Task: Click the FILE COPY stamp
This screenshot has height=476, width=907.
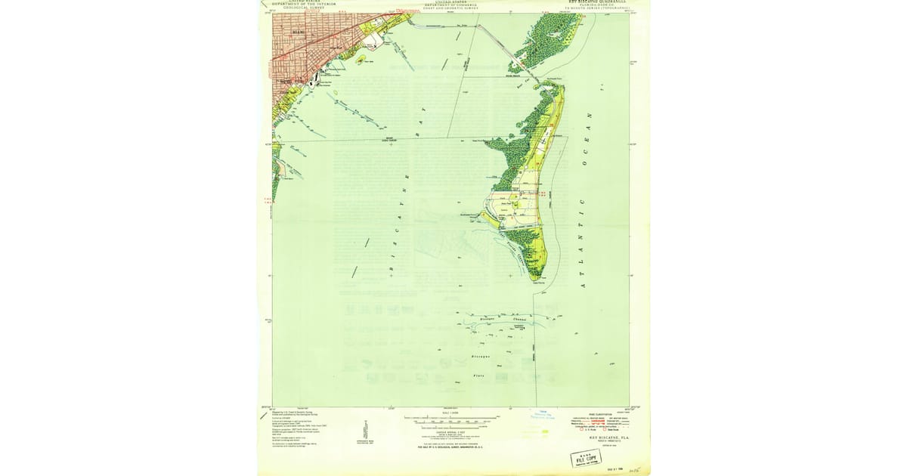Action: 587,458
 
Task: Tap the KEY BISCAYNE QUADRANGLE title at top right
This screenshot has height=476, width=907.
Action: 597,2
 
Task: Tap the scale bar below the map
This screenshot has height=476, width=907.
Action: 451,418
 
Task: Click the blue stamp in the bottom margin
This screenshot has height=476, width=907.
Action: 542,413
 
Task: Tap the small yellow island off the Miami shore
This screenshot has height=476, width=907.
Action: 361,58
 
